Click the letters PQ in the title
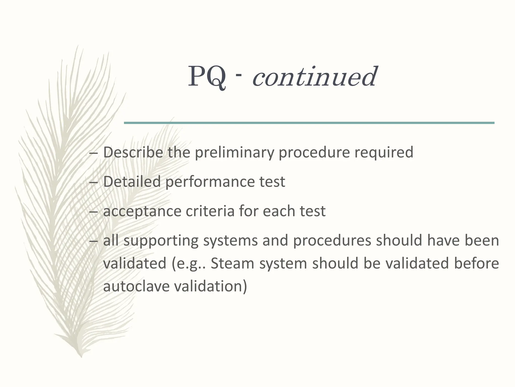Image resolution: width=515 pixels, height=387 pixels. point(207,76)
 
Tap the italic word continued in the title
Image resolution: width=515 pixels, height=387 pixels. point(314,76)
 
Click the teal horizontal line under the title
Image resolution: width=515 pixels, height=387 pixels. point(309,123)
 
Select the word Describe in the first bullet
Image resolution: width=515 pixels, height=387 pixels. point(133,152)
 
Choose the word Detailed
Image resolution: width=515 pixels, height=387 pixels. point(132,181)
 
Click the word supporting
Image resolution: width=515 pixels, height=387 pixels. point(161,241)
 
